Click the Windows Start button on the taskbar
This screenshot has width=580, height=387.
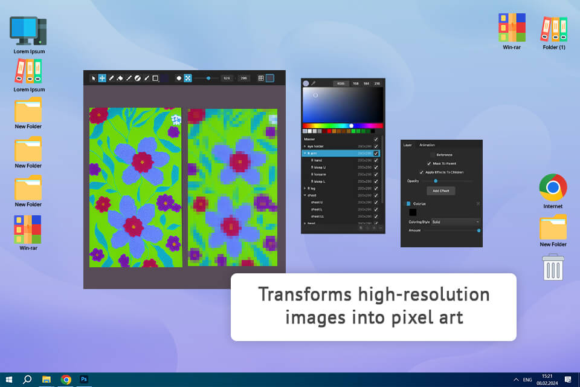click(9, 380)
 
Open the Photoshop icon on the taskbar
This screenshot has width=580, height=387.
click(85, 380)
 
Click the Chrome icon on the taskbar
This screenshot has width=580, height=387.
click(66, 380)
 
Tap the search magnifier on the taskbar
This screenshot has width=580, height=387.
click(27, 380)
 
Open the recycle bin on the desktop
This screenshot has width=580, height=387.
click(553, 267)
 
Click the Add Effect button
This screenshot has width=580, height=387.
click(440, 190)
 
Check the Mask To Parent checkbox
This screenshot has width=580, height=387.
click(428, 163)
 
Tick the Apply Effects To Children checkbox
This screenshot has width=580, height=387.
click(422, 172)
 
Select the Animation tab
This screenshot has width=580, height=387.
click(427, 145)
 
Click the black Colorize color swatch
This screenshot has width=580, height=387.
click(413, 212)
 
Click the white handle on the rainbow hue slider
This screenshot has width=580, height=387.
click(351, 126)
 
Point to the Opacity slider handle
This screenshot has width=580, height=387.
click(436, 181)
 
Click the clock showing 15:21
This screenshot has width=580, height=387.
click(547, 377)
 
